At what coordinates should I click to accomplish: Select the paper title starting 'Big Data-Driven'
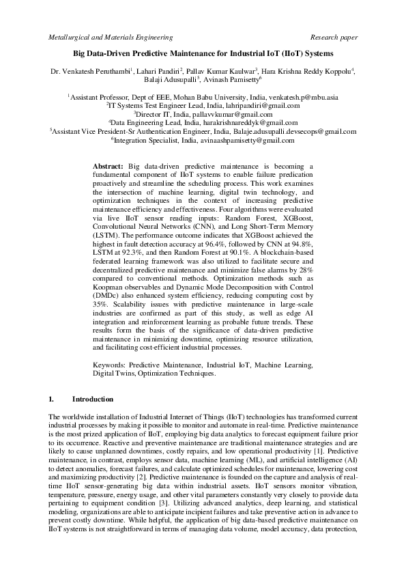tap(203, 53)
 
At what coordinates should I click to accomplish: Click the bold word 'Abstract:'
tap(108, 166)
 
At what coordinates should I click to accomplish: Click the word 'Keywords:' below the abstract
tap(109, 366)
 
